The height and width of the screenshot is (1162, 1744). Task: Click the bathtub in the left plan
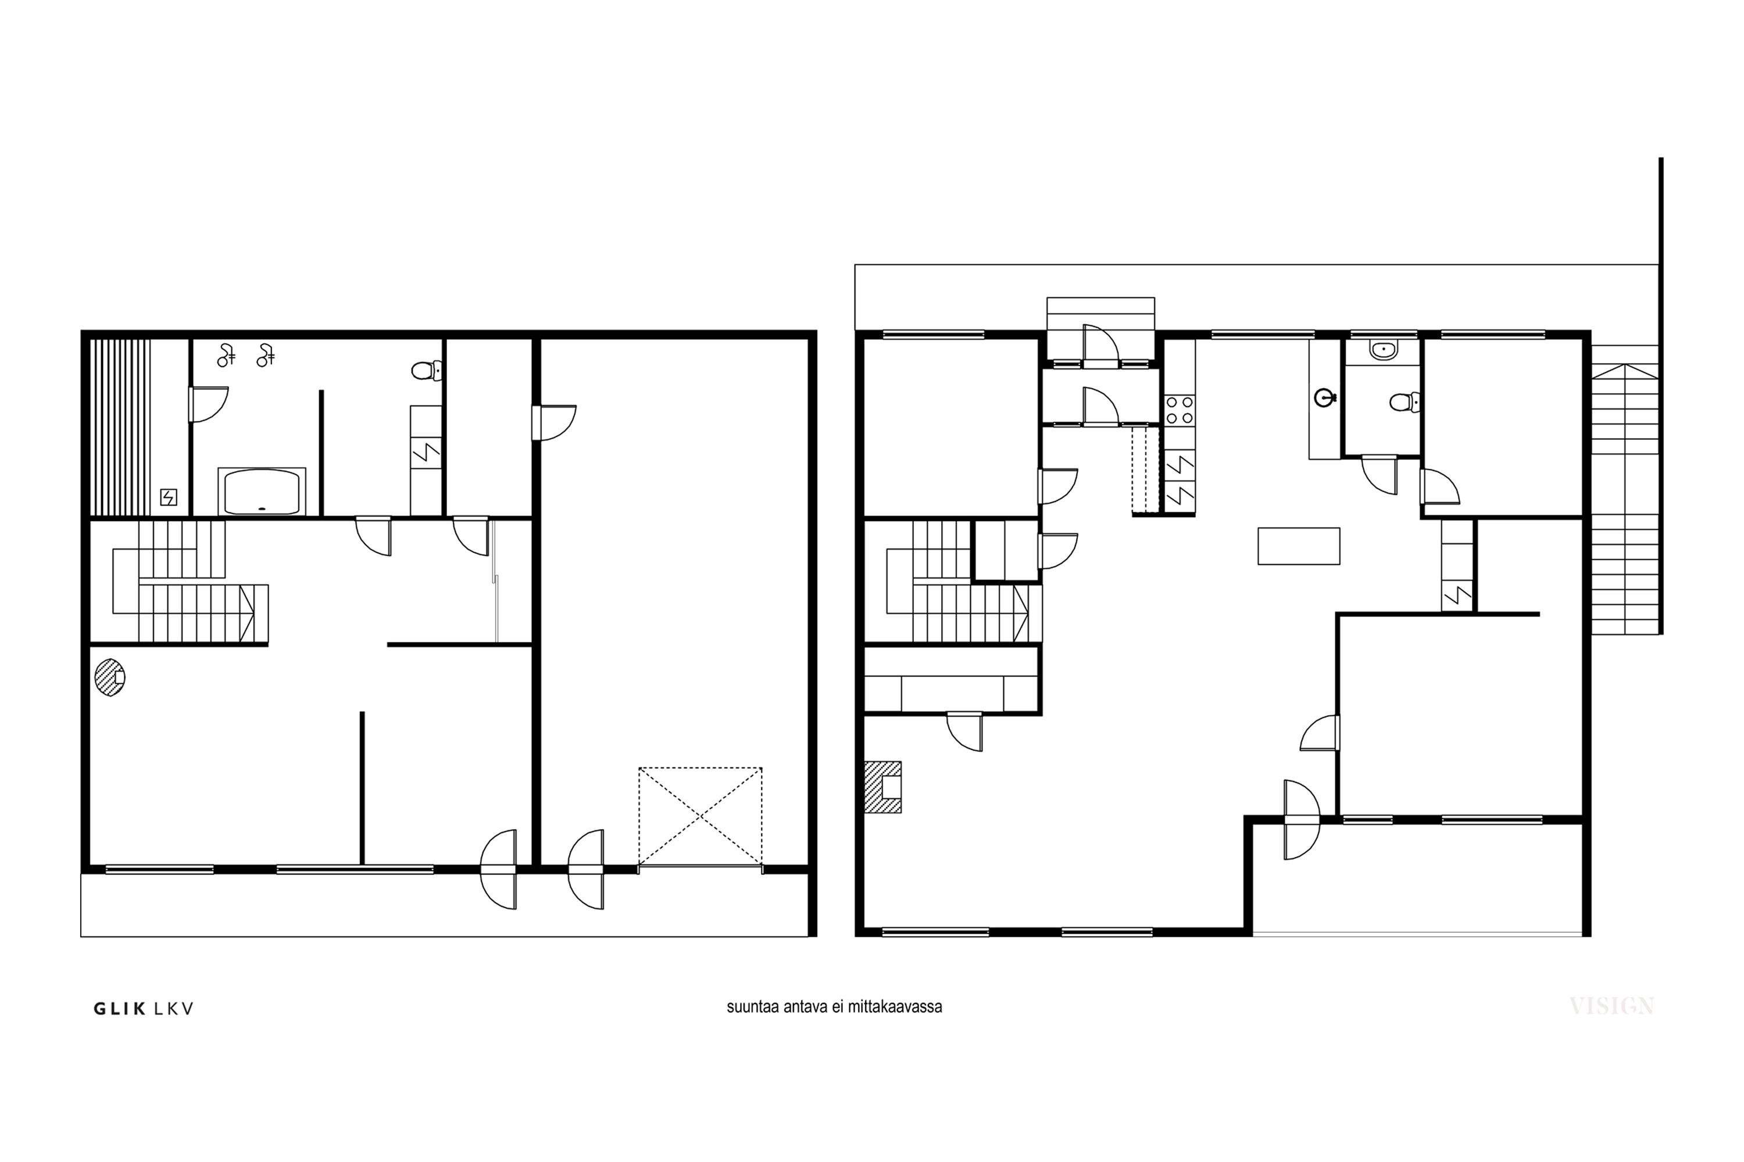click(x=262, y=492)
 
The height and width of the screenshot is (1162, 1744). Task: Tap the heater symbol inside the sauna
click(x=169, y=497)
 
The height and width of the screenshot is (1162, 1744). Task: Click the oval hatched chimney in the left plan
click(x=110, y=677)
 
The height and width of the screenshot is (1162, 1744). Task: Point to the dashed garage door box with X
click(x=700, y=817)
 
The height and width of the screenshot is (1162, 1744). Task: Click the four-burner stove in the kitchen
click(x=1179, y=410)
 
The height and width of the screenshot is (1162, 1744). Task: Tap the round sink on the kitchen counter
click(x=1324, y=398)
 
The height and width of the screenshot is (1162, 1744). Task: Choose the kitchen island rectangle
click(x=1298, y=546)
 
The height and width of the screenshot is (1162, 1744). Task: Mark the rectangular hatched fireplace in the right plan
click(x=882, y=787)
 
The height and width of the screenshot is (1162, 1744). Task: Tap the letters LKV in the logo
click(x=173, y=1009)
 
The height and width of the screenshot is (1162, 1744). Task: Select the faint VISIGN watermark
click(x=1611, y=1006)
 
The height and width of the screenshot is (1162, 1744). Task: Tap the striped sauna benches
click(x=120, y=428)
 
